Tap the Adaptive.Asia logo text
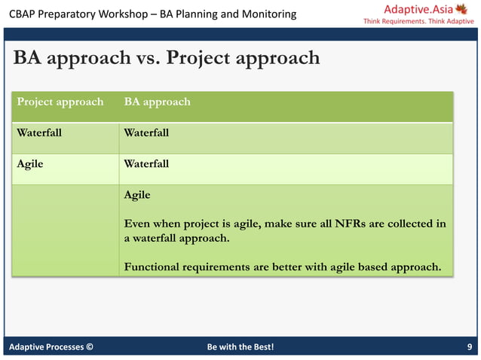418,9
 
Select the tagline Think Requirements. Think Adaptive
418,21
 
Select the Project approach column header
60,102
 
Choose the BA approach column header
157,102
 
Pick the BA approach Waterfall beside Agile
146,163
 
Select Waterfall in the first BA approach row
146,133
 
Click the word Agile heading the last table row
137,195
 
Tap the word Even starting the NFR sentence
137,224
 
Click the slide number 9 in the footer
470,347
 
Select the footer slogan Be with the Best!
240,347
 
